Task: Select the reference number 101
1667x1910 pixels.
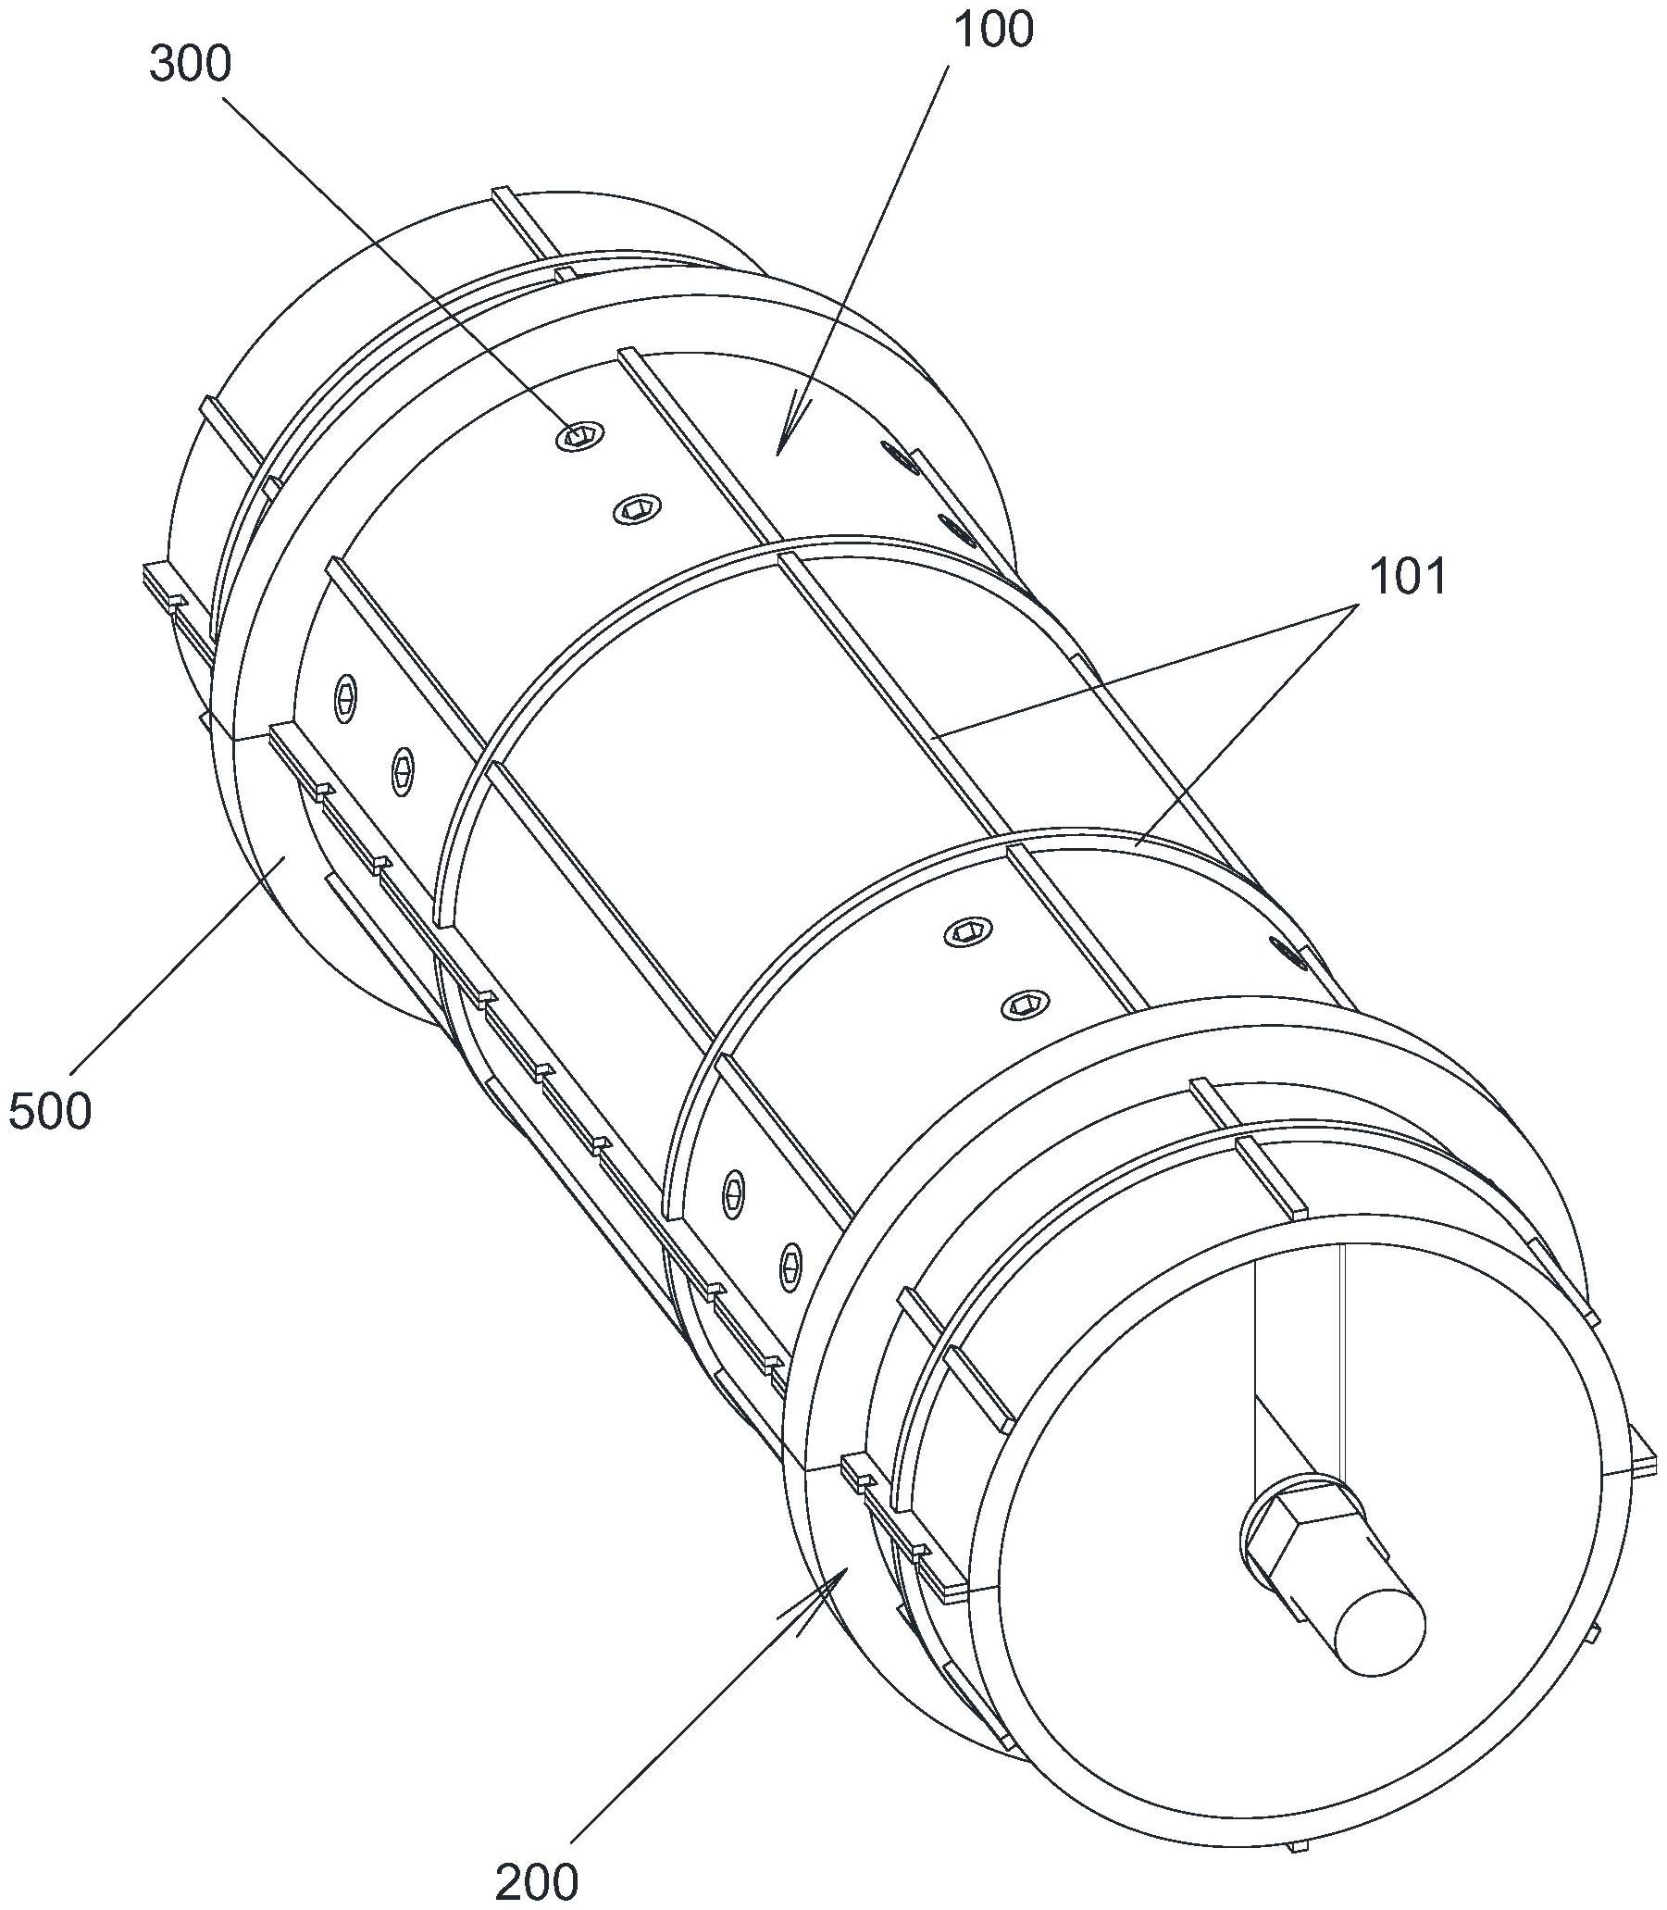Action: [x=1408, y=579]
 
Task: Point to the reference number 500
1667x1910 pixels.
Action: [x=50, y=1112]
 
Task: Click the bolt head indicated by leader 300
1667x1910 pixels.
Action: [x=579, y=433]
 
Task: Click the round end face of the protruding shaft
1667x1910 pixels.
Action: [x=1379, y=1633]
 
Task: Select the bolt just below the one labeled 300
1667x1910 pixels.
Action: [x=637, y=508]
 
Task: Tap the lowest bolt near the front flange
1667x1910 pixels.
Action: [x=790, y=1266]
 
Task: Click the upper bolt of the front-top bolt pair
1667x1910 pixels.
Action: [x=967, y=930]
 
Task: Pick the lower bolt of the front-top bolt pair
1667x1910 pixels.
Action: [x=1025, y=1004]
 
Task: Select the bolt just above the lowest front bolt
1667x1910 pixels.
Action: [x=734, y=1192]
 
